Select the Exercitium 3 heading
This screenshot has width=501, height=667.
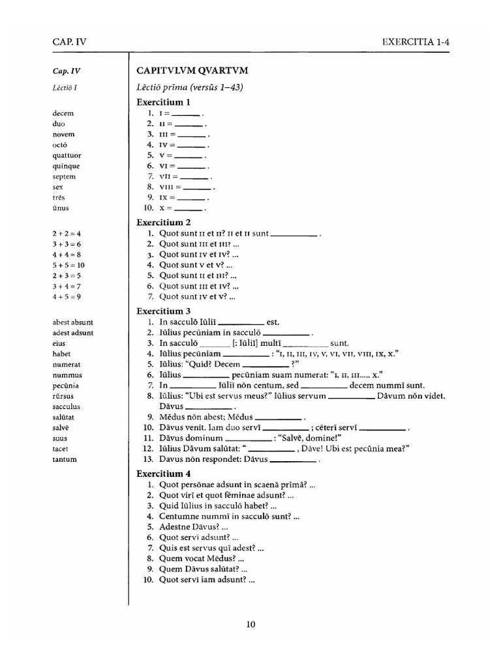(163, 311)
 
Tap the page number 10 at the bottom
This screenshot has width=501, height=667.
(251, 625)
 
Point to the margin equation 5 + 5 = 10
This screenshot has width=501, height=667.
(70, 265)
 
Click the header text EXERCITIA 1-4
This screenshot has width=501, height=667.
(416, 42)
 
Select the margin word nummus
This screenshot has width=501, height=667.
(67, 375)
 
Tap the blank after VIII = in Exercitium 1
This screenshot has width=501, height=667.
(198, 186)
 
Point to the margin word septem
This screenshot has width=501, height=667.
(65, 177)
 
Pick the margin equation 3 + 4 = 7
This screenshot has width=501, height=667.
(68, 286)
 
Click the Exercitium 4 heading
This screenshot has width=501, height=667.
(163, 474)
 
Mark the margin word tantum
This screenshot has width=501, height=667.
(65, 459)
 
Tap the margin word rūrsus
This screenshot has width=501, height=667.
(64, 396)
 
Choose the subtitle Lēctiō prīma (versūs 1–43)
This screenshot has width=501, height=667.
(189, 87)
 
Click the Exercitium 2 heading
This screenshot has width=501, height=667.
(163, 222)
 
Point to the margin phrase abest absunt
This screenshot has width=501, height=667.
(73, 322)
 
